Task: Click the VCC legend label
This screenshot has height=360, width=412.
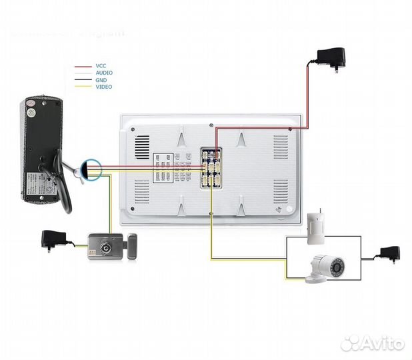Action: point(101,67)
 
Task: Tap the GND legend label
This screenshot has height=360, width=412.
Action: point(101,80)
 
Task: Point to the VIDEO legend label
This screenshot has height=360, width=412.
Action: point(103,87)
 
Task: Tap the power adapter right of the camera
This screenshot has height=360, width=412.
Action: point(388,254)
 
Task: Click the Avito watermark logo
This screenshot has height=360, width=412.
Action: point(372,343)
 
